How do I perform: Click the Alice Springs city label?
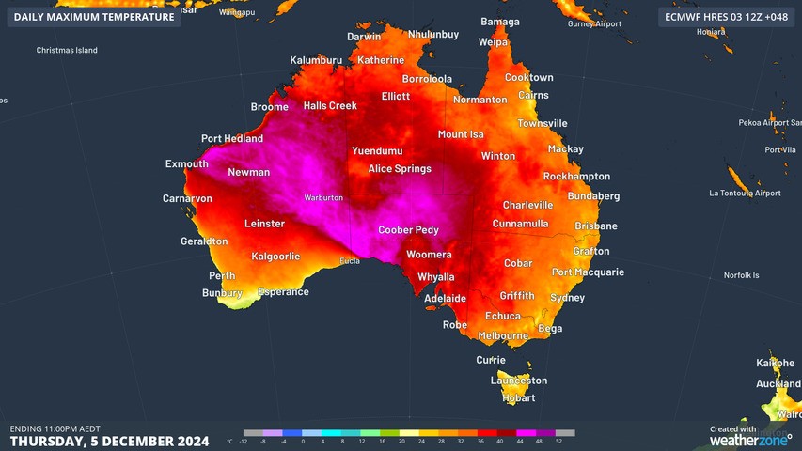(x=400, y=169)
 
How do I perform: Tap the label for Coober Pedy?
(x=408, y=230)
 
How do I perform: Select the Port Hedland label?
(x=232, y=139)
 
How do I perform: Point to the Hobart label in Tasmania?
(x=518, y=397)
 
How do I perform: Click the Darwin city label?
(x=364, y=37)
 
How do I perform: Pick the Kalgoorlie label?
(x=275, y=257)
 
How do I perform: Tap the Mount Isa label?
(x=460, y=134)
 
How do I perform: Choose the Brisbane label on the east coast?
(x=596, y=226)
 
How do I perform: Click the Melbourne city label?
(x=503, y=335)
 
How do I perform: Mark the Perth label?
(x=222, y=276)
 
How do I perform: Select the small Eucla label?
(x=350, y=261)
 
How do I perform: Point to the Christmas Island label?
(x=67, y=51)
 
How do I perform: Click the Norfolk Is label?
(x=741, y=275)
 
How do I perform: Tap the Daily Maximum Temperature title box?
(x=94, y=17)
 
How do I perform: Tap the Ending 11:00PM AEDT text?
(x=55, y=428)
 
